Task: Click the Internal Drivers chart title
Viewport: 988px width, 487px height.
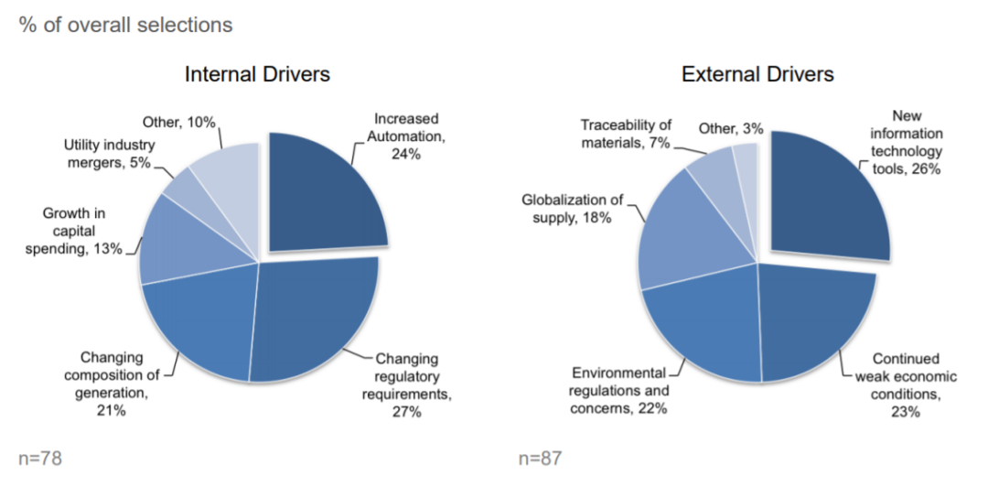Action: (x=257, y=74)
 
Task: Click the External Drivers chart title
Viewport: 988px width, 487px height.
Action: (x=757, y=74)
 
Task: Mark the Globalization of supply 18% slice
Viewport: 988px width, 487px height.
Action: (x=682, y=238)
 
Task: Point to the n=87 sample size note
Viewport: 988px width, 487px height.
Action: (x=540, y=458)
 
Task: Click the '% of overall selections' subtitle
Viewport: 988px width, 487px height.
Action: (x=126, y=25)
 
